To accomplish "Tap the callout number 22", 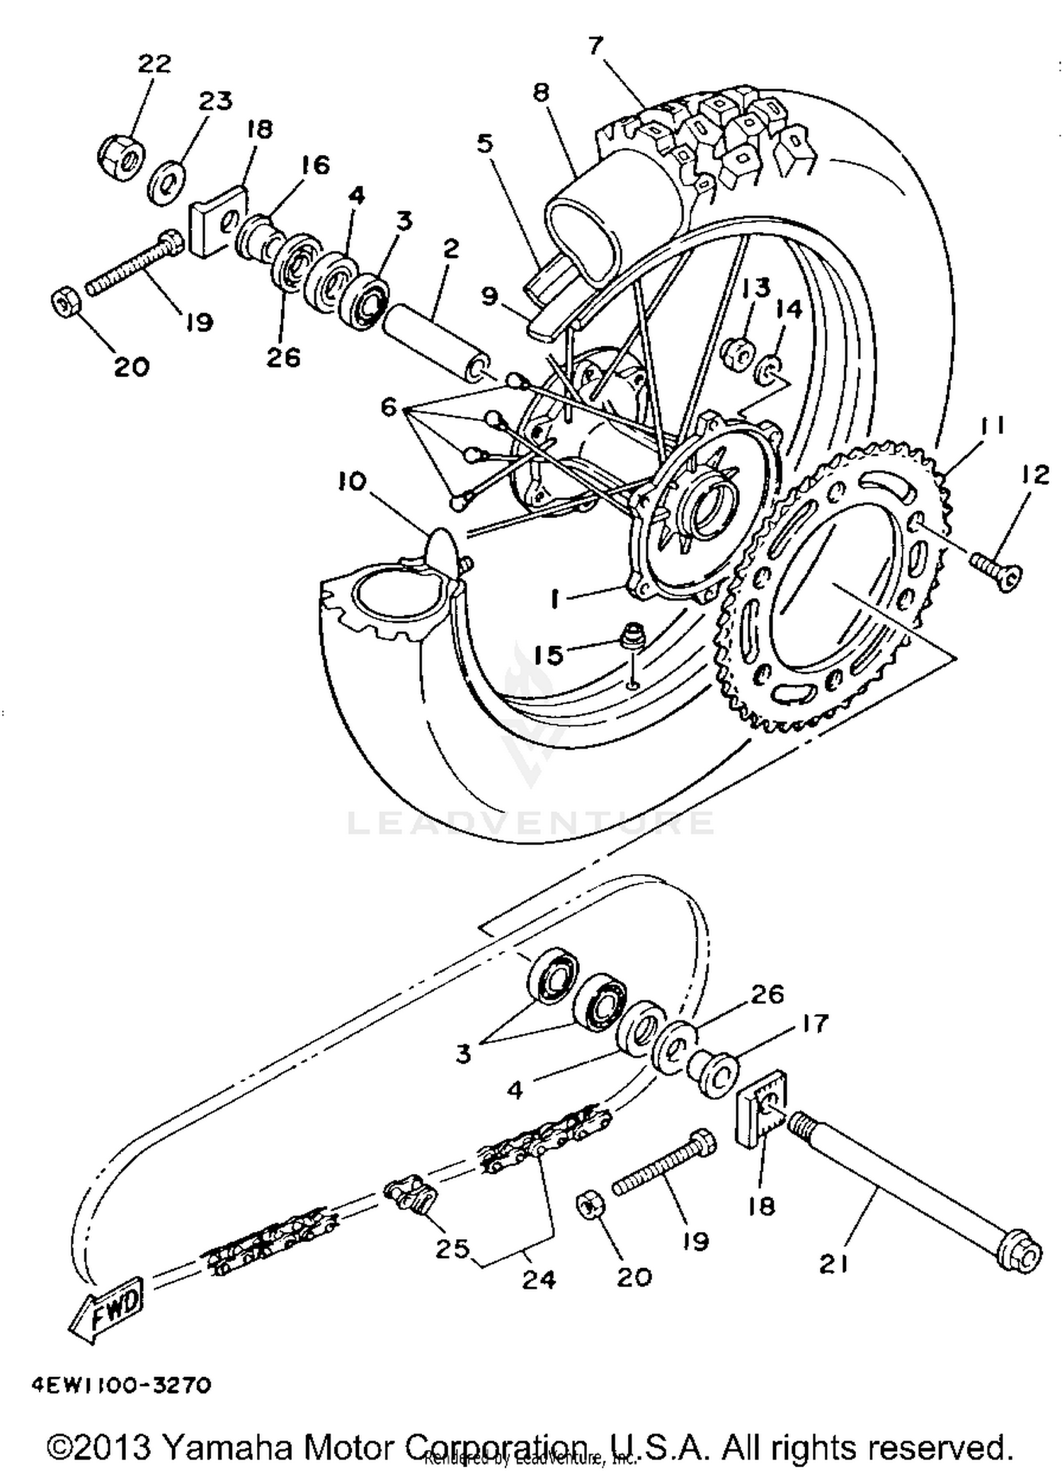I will coord(154,64).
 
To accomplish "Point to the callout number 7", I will coord(595,45).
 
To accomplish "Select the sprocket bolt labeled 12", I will coord(995,568).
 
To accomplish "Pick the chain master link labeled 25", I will coord(411,1195).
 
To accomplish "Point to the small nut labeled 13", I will coord(736,352).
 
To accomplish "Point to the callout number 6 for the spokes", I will coord(388,407).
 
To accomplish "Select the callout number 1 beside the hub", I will coord(556,599).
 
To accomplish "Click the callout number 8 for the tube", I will coord(542,92).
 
